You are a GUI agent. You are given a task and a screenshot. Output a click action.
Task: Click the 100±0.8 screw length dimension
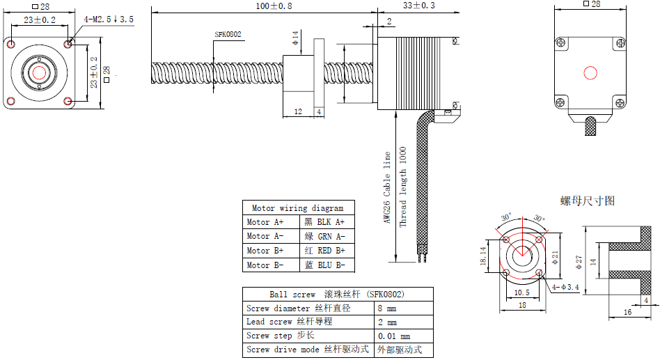(274, 6)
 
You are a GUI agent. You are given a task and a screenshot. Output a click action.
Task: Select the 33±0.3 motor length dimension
(419, 6)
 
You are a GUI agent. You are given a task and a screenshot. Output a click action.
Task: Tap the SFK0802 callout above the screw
(228, 35)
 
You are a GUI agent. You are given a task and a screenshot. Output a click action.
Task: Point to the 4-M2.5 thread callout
(109, 19)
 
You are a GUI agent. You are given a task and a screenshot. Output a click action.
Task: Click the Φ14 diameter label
(295, 38)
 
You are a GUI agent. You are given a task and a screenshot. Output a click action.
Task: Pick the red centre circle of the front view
(39, 73)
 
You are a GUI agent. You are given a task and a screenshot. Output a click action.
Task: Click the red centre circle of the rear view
(590, 73)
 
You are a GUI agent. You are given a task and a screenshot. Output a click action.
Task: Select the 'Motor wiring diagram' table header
(297, 208)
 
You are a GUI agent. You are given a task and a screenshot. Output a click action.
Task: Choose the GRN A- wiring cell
(324, 237)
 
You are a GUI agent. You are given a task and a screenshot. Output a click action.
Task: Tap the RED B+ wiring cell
(324, 251)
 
